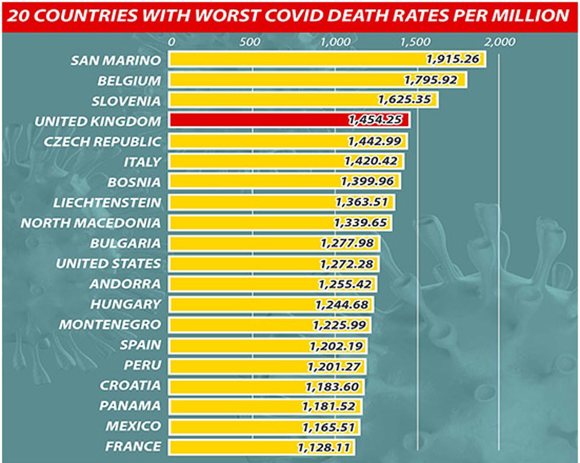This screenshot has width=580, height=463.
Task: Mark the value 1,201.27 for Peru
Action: click(x=333, y=366)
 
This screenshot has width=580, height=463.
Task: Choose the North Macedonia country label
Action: click(x=91, y=222)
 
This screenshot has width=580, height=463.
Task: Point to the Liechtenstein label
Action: click(x=107, y=202)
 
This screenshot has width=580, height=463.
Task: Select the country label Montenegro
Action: click(x=110, y=324)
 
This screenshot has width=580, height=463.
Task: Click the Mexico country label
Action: click(x=133, y=426)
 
